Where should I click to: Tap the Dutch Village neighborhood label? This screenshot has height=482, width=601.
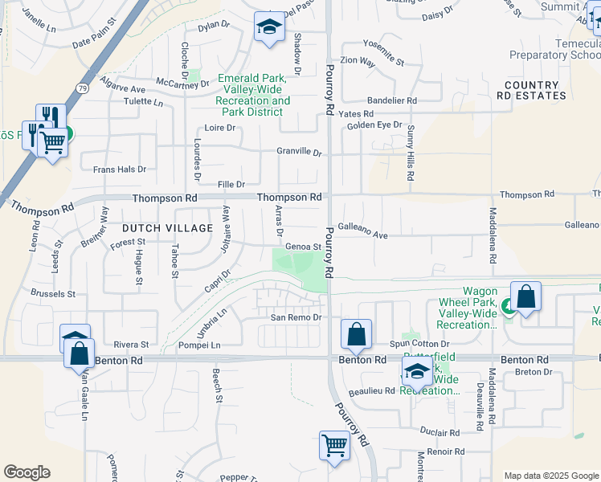click(167, 228)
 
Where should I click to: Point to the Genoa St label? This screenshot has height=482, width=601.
click(303, 247)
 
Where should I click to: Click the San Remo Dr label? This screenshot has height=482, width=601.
click(295, 317)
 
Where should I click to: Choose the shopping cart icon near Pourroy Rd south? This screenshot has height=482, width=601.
click(334, 444)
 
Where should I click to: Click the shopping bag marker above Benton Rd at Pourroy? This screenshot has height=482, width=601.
click(356, 333)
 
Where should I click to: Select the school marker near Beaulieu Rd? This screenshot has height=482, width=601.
click(417, 371)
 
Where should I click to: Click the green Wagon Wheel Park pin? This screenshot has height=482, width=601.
click(508, 305)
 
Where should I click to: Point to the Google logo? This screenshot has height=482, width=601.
click(27, 472)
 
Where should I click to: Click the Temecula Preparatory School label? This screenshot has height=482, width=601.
click(554, 50)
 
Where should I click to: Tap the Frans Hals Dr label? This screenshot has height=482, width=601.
click(120, 170)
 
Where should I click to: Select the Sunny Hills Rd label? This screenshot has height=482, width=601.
click(410, 153)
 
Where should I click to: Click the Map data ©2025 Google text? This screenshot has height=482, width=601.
click(551, 476)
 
